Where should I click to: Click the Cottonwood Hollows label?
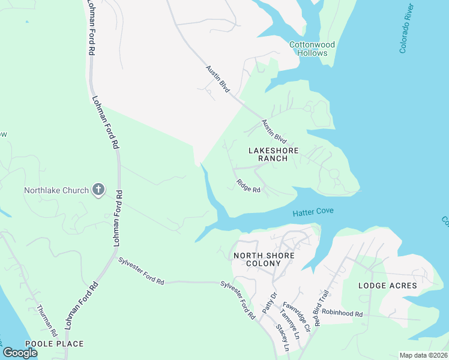(x=312, y=49)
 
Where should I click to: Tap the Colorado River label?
(x=406, y=28)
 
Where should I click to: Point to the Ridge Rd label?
(x=248, y=186)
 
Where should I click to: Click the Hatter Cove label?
(x=313, y=212)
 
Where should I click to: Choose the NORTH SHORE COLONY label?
(x=264, y=260)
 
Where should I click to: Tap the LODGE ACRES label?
(x=387, y=286)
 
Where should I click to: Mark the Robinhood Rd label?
(x=343, y=314)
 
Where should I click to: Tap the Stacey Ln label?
(x=282, y=338)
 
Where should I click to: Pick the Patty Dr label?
(x=269, y=301)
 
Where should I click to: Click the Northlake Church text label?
(x=56, y=191)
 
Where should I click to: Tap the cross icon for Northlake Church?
(x=98, y=190)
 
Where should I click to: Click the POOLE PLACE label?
(x=54, y=344)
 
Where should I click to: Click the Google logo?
(x=20, y=352)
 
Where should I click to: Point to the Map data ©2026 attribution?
(x=423, y=355)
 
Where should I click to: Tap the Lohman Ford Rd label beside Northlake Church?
(x=119, y=218)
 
